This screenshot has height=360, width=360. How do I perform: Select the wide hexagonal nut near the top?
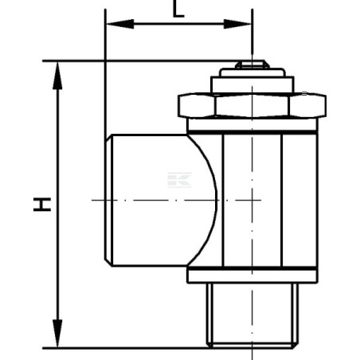pyautogui.click(x=250, y=105)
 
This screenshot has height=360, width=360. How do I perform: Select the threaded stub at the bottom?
pyautogui.click(x=252, y=315)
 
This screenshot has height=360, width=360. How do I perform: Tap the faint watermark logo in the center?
pyautogui.click(x=180, y=179)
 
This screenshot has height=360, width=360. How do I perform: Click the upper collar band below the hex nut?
pyautogui.click(x=252, y=125)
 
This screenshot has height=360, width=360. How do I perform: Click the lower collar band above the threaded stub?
pyautogui.click(x=252, y=276)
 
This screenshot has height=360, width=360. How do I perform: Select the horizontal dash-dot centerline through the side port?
pyautogui.click(x=159, y=198)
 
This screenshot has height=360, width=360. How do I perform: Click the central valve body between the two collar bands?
pyautogui.click(x=263, y=199)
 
